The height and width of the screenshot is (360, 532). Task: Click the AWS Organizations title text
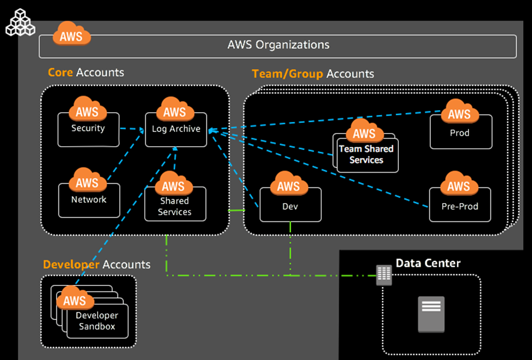coord(278,45)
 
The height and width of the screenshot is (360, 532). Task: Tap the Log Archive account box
coord(176,131)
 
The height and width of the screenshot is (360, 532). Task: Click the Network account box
coord(89,201)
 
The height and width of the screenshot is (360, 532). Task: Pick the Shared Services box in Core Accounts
coord(175,206)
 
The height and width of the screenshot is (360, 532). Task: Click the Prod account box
coord(460,133)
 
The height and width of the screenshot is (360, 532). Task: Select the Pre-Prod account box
coord(460,206)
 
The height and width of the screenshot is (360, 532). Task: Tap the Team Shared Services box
coord(366,154)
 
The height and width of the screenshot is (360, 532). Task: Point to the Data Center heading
coord(428,263)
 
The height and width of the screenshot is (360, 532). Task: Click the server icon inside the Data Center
coord(431,314)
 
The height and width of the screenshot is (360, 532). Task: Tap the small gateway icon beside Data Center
coord(384,275)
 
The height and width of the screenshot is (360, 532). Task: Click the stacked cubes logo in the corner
coord(20,23)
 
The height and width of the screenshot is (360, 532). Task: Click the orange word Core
coord(60,73)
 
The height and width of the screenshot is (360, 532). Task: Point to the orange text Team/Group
coord(287,74)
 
